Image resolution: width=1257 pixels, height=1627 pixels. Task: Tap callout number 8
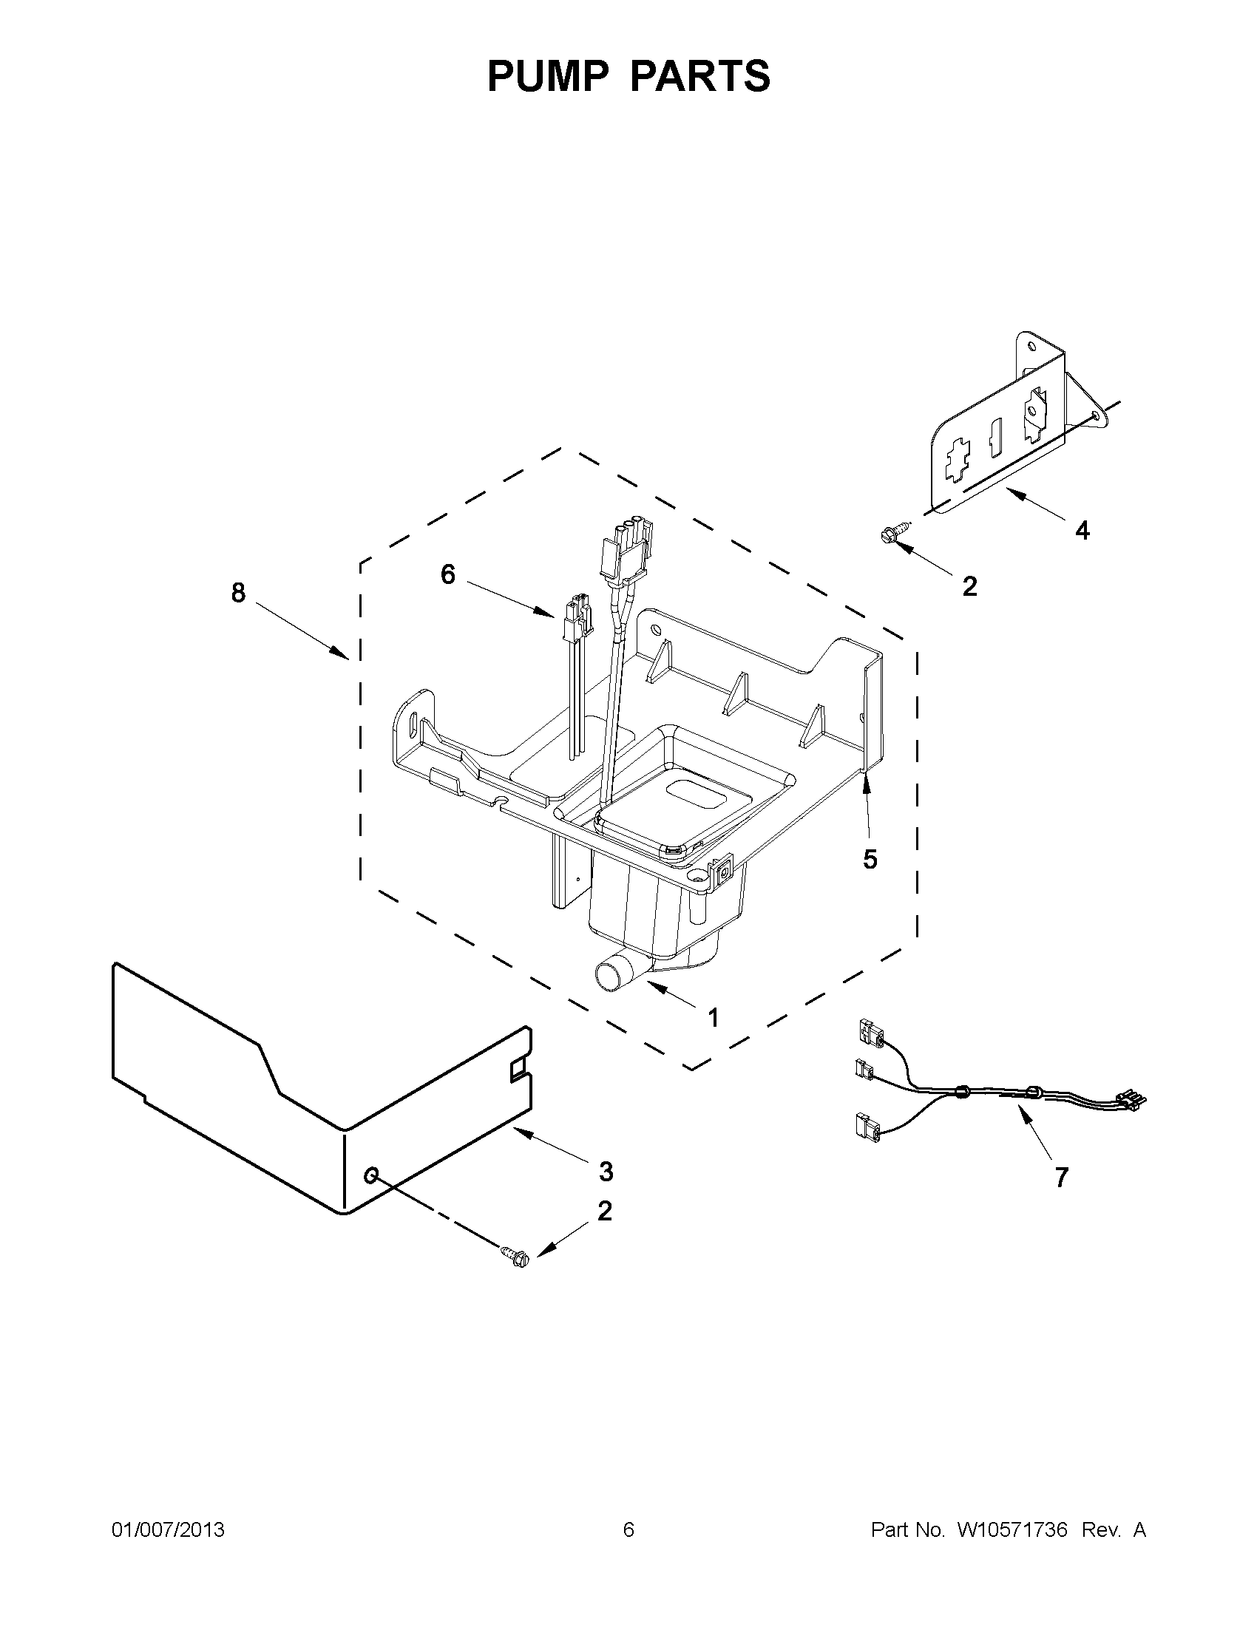coord(237,593)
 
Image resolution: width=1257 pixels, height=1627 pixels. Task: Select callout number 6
coord(448,574)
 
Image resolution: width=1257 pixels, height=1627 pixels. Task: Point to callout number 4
coord(1082,531)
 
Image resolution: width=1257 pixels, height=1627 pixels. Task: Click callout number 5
coord(870,860)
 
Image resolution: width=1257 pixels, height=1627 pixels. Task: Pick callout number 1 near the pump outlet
coord(713,1018)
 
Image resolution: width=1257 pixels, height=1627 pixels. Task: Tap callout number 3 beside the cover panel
coord(606,1171)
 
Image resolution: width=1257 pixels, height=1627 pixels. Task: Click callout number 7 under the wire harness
coord(1062,1177)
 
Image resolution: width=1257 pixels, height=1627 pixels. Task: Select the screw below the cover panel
coord(515,1258)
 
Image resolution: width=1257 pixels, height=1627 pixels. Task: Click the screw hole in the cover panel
coord(370,1175)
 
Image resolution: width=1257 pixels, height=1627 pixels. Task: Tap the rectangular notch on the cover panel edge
coord(517,1071)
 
